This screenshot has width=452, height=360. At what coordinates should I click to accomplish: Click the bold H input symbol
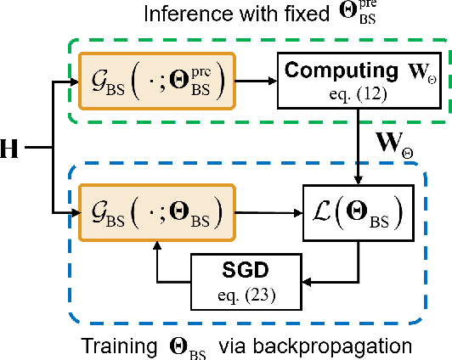click(12, 149)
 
